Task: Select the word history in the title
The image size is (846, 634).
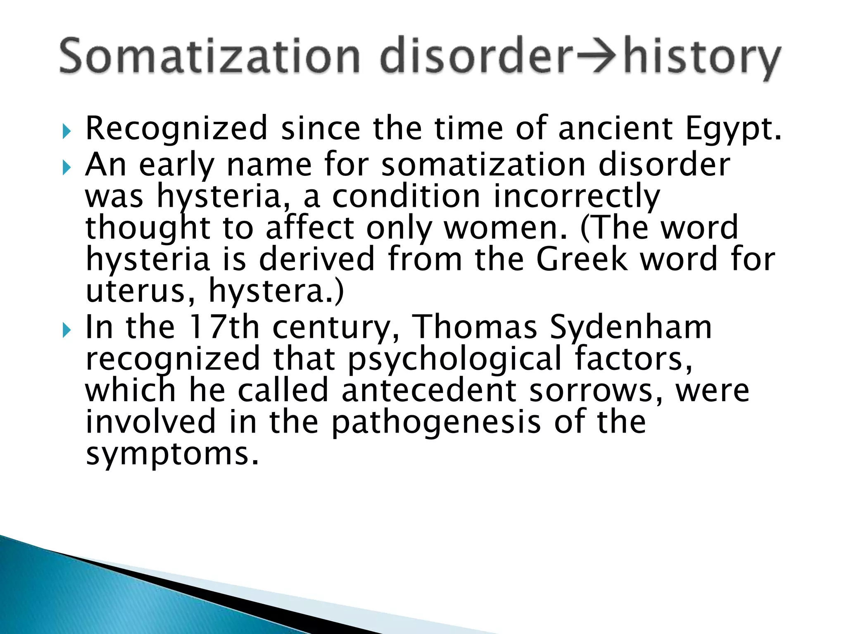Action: coord(702,57)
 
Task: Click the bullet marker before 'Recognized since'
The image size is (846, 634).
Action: coord(67,132)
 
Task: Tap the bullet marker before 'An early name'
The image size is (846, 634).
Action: coord(67,168)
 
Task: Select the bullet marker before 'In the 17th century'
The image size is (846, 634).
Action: coord(67,330)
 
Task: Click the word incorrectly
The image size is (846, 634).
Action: coord(577,196)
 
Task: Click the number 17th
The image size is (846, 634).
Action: coord(223,326)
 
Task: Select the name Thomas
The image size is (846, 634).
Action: coord(475,326)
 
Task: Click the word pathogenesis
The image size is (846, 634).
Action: coord(436,422)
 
